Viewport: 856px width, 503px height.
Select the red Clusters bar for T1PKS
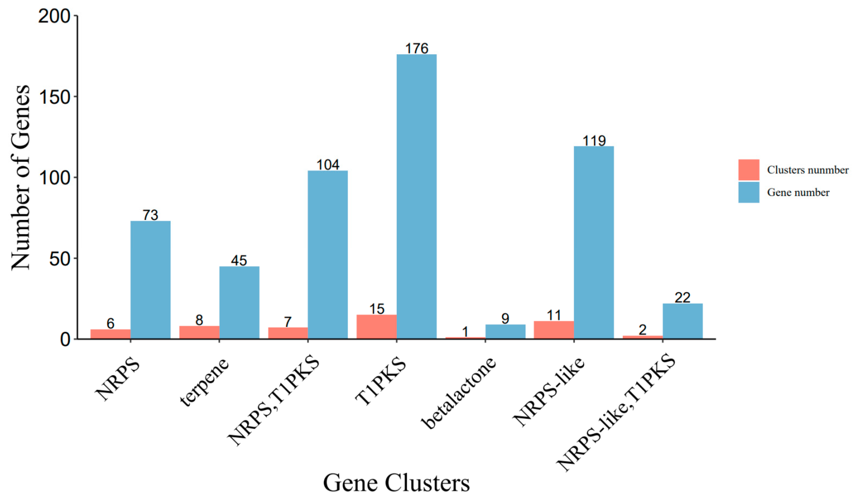[x=376, y=327]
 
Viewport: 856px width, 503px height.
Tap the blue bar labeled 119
[x=594, y=243]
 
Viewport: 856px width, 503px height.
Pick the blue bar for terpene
[x=239, y=303]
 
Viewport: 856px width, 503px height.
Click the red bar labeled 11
[x=554, y=330]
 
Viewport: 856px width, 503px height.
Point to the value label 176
[x=417, y=48]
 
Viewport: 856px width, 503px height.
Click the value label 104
[x=328, y=165]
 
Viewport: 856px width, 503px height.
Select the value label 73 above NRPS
[x=150, y=215]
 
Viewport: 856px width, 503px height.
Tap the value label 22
[x=682, y=298]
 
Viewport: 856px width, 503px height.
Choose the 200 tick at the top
[x=54, y=16]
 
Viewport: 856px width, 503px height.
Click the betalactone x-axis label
[x=459, y=394]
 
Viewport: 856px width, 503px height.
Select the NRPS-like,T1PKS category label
[x=615, y=413]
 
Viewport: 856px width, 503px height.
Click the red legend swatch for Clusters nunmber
[x=749, y=170]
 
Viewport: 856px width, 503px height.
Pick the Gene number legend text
[x=798, y=193]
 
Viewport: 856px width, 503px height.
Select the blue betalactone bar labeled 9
[x=505, y=332]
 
